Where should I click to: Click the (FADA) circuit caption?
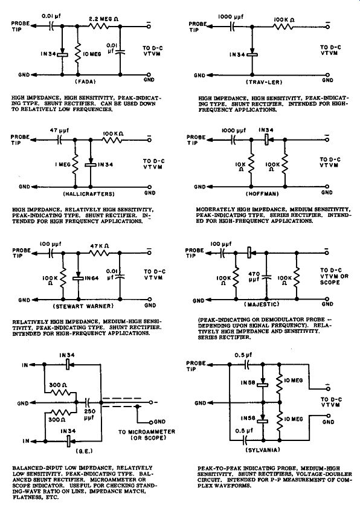[85, 82]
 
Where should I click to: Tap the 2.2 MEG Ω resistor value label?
[104, 19]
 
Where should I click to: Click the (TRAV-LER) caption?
[264, 82]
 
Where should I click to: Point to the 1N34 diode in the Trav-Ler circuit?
[252, 54]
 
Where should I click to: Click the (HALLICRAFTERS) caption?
[89, 194]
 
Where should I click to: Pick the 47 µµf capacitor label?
[59, 130]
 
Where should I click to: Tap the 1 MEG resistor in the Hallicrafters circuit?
[75, 164]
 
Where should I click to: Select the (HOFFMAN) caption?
[262, 193]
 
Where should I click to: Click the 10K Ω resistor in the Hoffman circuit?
[251, 164]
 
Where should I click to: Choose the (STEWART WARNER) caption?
[83, 306]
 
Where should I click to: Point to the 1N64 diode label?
[92, 278]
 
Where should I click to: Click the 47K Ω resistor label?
[100, 246]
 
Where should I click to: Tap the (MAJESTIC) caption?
[262, 304]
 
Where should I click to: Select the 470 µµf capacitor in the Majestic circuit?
[266, 277]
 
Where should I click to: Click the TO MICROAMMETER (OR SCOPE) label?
[147, 434]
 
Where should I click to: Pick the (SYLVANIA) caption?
[263, 450]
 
